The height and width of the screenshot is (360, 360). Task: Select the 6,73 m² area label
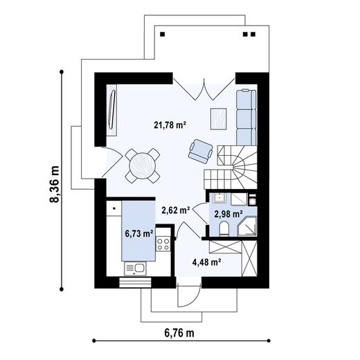click(138, 233)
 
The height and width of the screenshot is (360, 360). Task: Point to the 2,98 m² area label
click(228, 214)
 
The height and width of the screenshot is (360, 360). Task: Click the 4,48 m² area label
click(206, 262)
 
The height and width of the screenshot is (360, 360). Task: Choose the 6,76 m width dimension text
click(179, 333)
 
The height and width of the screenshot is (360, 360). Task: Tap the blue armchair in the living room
click(201, 147)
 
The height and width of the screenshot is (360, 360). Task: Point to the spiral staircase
click(235, 166)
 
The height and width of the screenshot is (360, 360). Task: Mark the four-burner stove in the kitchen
click(164, 243)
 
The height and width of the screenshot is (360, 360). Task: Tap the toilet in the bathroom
click(224, 229)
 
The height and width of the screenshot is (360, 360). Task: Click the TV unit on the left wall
click(112, 107)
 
